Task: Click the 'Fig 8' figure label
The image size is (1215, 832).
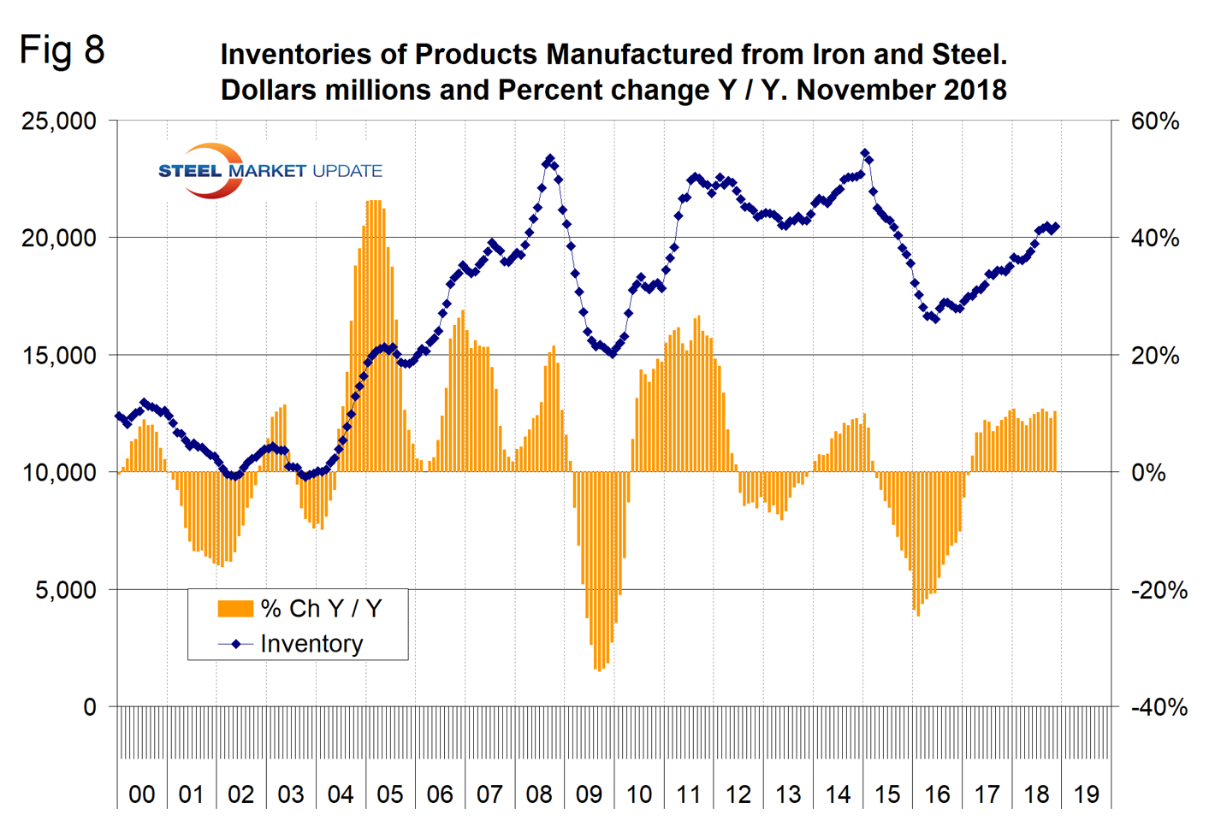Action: pyautogui.click(x=62, y=50)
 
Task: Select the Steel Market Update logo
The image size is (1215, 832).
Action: pyautogui.click(x=270, y=171)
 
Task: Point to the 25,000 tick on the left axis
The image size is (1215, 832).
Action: pyautogui.click(x=59, y=121)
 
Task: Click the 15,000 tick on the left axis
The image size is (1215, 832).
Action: pyautogui.click(x=59, y=355)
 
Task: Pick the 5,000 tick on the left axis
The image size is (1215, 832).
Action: pyautogui.click(x=66, y=590)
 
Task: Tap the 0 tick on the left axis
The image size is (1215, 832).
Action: pyautogui.click(x=89, y=707)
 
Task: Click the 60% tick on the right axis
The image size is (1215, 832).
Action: pyautogui.click(x=1154, y=121)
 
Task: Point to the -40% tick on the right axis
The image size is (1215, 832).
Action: pyautogui.click(x=1159, y=707)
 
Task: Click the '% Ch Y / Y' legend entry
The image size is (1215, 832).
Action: pyautogui.click(x=321, y=608)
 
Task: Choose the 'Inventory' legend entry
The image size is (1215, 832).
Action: pyautogui.click(x=311, y=644)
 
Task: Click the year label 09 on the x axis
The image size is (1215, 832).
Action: pyautogui.click(x=589, y=794)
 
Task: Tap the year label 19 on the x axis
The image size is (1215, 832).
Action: pyautogui.click(x=1086, y=794)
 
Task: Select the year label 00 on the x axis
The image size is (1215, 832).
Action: pyautogui.click(x=142, y=794)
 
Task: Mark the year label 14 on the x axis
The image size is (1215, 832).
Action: pyautogui.click(x=838, y=794)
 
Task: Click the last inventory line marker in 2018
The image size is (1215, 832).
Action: pyautogui.click(x=1055, y=227)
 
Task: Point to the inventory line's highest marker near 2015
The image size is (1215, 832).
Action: pyautogui.click(x=865, y=154)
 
